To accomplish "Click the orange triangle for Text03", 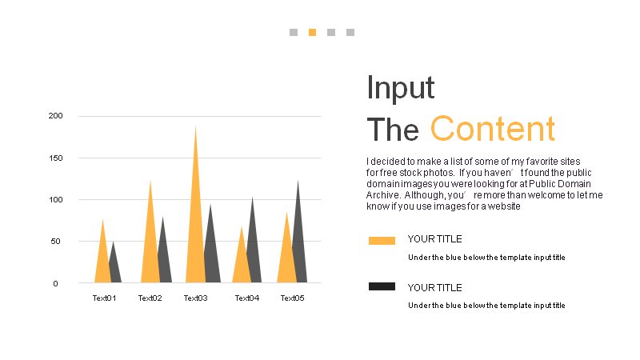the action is (195, 229).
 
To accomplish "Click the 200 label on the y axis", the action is (55, 116).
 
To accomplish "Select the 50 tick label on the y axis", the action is (55, 242).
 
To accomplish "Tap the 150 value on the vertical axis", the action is (55, 158).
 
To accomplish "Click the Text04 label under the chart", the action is (247, 298).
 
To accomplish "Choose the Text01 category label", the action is (105, 298).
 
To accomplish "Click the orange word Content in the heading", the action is (493, 129).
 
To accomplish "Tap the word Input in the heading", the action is (401, 87).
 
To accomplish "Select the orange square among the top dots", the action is (312, 32).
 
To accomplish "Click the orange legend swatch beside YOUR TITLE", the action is (382, 241).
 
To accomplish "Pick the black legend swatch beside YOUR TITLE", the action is (382, 286).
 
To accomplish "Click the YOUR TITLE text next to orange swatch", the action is (434, 239).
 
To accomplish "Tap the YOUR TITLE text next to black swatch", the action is (434, 288).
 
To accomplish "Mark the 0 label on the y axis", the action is (55, 284).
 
